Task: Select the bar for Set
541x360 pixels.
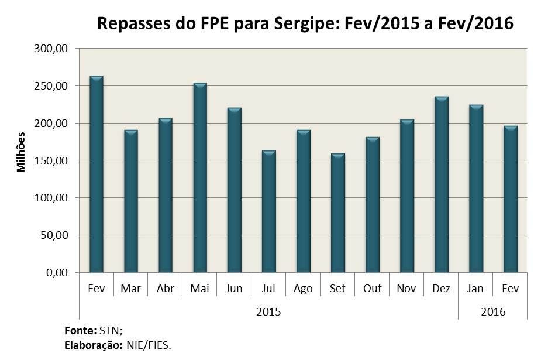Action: click(x=338, y=213)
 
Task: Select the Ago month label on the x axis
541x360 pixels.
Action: click(x=303, y=289)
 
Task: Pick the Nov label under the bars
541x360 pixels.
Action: click(x=406, y=289)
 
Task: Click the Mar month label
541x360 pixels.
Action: click(x=131, y=289)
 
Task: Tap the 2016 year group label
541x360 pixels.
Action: click(x=493, y=311)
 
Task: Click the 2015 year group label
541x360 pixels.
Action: click(x=268, y=311)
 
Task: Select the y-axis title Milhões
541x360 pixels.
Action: click(x=22, y=151)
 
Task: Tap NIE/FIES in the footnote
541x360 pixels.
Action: click(x=149, y=345)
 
